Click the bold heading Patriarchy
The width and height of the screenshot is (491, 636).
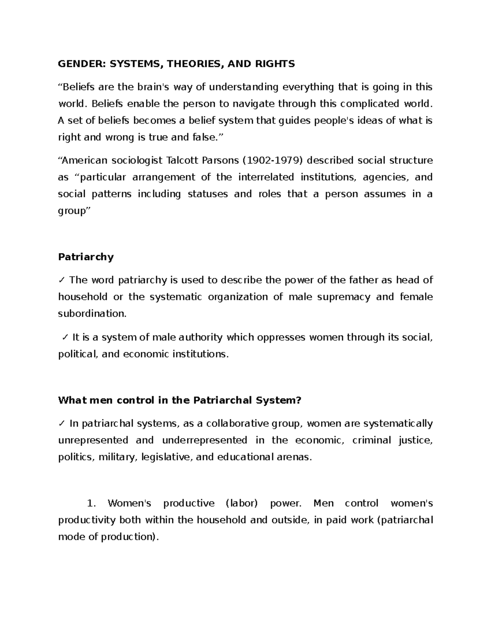[86, 257]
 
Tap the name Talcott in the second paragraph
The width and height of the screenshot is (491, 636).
[182, 160]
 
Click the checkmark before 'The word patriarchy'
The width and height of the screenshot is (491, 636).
[61, 280]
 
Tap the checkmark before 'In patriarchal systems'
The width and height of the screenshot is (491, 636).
[61, 423]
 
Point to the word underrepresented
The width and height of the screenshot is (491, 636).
[205, 440]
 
